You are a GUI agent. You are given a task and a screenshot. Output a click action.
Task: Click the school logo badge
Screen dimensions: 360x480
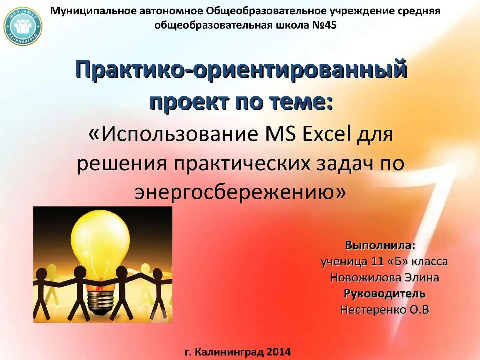point(23,26)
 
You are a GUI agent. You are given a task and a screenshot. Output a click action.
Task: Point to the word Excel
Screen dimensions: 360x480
point(326,134)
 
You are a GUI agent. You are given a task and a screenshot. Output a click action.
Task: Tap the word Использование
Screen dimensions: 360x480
point(180,134)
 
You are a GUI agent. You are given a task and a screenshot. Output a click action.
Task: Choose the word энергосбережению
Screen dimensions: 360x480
point(235,192)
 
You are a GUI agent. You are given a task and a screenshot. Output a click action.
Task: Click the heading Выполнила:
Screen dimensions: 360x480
point(380,245)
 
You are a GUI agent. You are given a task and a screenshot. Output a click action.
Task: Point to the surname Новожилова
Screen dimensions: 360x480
point(365,278)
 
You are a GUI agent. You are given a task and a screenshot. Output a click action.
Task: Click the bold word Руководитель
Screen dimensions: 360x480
point(384,294)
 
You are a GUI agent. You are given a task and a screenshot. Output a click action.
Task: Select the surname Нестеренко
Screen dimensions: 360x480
point(373,310)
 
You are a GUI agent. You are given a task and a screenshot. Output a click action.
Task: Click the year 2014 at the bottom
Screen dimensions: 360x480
point(278,352)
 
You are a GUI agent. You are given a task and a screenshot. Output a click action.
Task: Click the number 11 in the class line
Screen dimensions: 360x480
point(377,262)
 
